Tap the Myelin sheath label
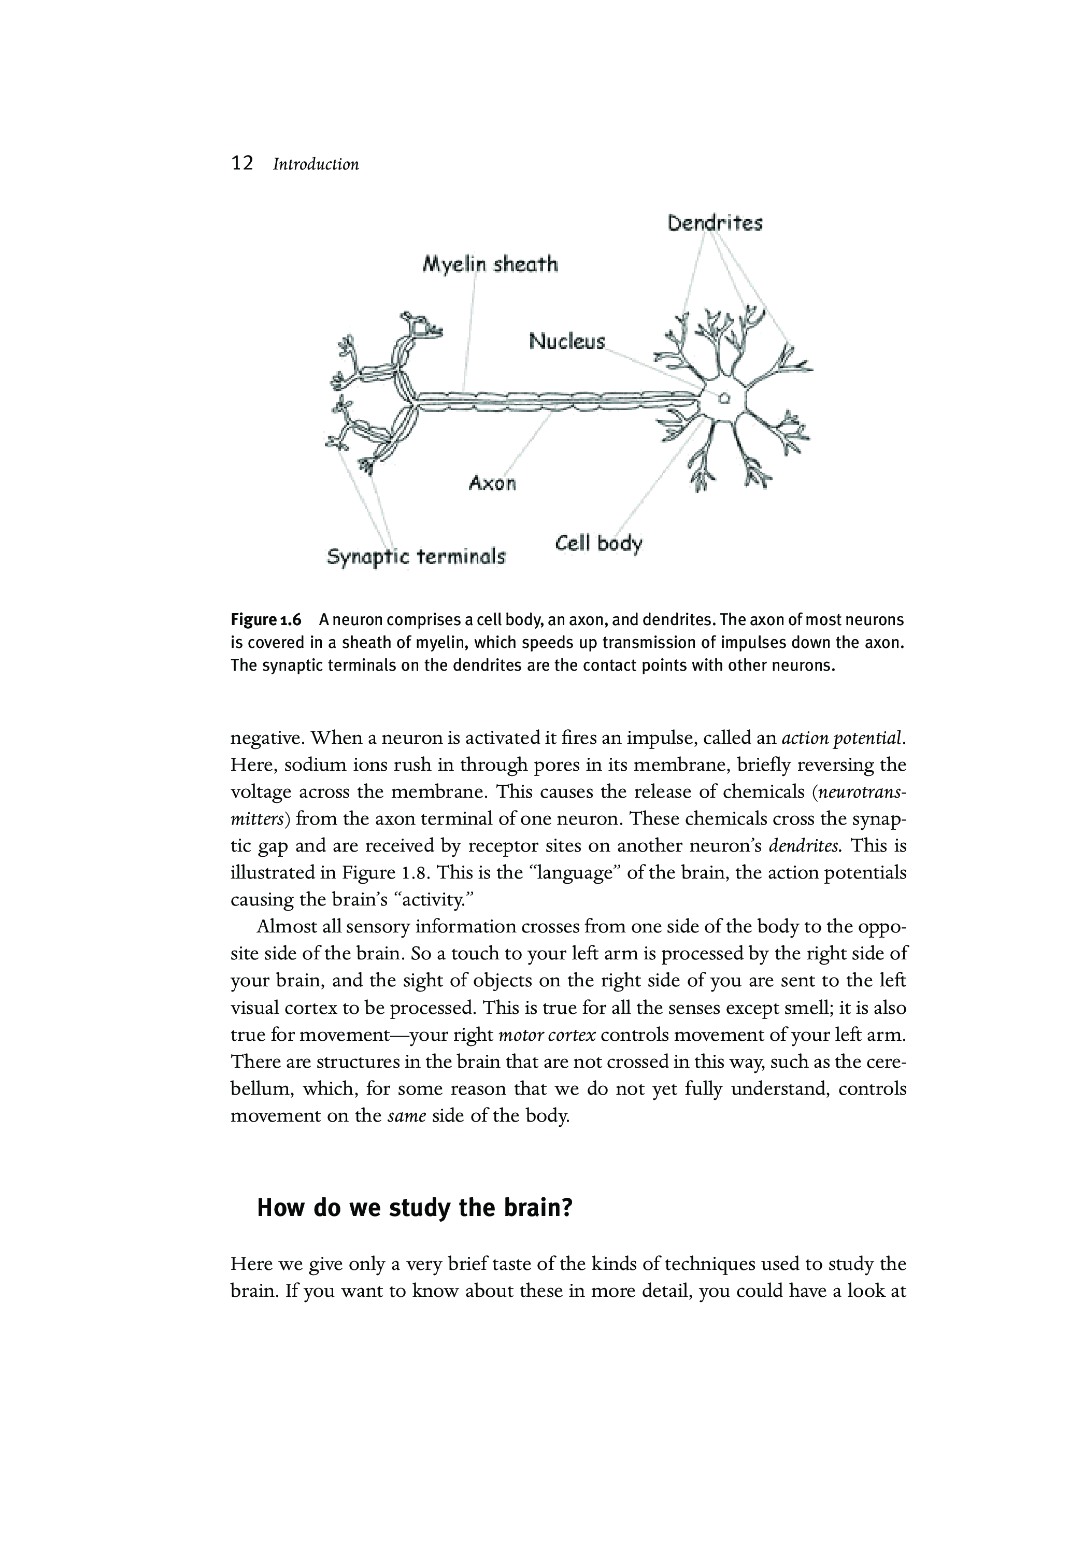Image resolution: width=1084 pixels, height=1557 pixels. click(x=490, y=264)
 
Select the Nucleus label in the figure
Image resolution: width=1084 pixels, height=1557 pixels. click(x=567, y=341)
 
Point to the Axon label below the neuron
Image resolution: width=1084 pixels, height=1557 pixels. click(x=492, y=483)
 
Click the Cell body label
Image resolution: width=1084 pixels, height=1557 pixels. click(x=598, y=543)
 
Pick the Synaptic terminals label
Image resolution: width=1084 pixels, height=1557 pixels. click(x=416, y=557)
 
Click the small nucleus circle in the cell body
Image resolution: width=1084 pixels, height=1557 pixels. click(x=724, y=398)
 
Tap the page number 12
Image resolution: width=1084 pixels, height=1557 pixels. click(x=242, y=163)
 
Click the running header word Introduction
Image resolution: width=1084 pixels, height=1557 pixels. click(x=316, y=165)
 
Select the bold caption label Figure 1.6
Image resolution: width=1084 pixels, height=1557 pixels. click(x=266, y=620)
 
